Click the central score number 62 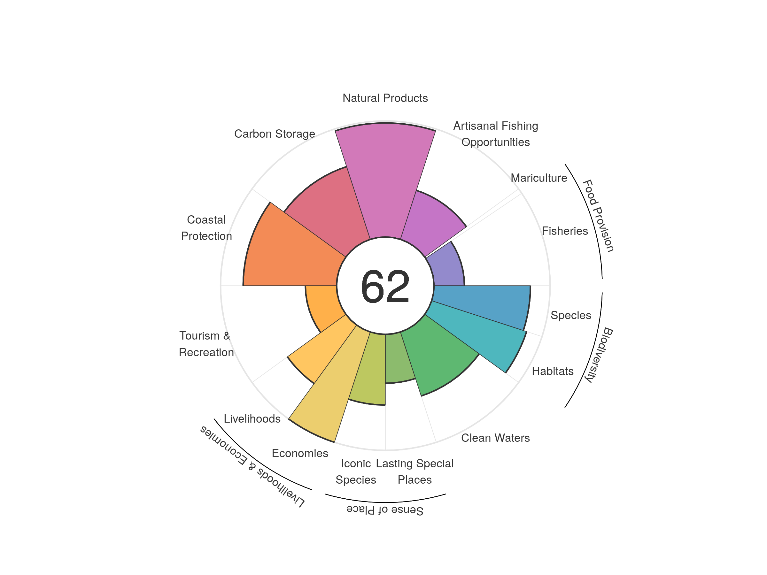(385, 286)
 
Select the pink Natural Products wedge (385, 180)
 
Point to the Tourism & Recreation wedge (321, 305)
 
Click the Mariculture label (539, 178)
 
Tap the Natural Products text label (385, 98)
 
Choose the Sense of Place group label (385, 510)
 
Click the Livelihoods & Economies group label (252, 466)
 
